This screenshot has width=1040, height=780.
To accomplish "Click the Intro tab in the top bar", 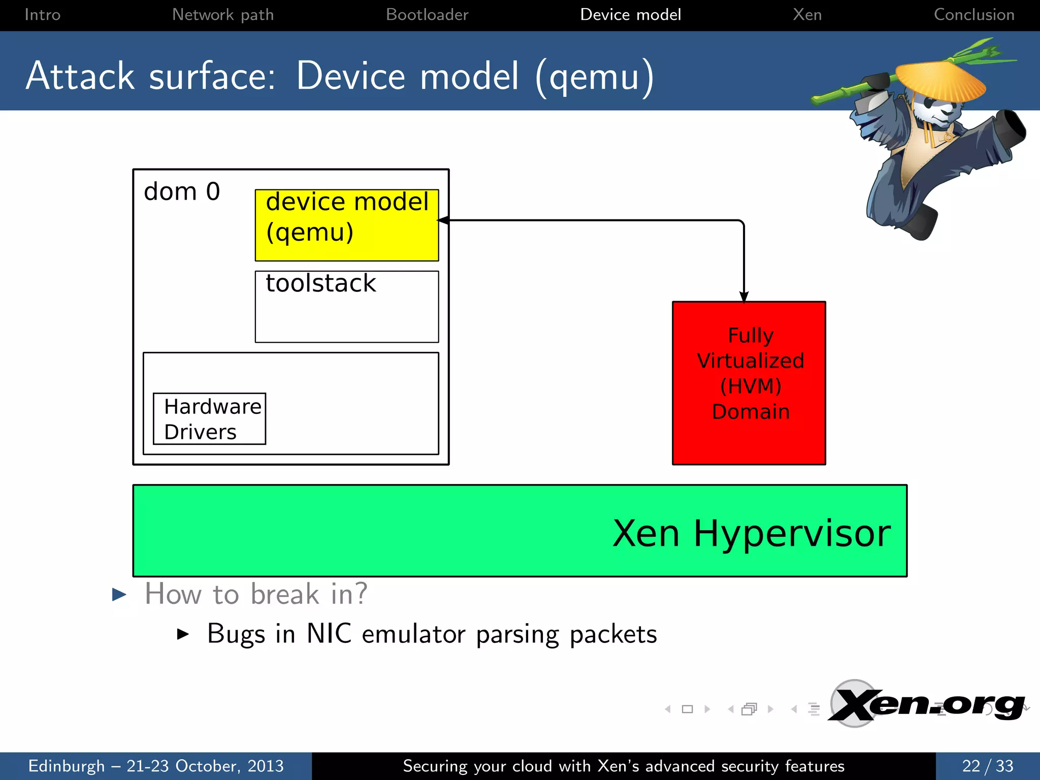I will (42, 15).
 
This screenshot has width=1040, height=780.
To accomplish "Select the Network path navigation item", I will (222, 15).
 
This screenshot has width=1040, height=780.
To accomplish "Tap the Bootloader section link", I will (427, 15).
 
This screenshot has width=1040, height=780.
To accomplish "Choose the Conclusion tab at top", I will (973, 15).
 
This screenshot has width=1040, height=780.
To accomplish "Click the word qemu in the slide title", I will (594, 77).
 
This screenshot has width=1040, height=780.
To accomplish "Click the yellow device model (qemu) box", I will (347, 225).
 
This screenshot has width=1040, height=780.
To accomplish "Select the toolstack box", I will (347, 306).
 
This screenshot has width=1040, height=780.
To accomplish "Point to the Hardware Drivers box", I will (209, 419).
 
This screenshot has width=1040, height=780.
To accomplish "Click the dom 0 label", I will (182, 192).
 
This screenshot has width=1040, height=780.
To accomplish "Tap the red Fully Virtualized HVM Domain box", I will (749, 383).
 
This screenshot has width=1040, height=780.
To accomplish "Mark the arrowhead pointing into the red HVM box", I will (744, 297).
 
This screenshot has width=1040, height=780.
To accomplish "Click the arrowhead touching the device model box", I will (443, 220).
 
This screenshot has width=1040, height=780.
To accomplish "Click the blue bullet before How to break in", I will (119, 594).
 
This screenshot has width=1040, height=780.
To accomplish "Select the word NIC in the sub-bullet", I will (329, 634).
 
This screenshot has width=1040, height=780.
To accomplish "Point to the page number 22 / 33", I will (987, 766).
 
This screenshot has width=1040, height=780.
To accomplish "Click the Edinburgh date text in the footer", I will (155, 766).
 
